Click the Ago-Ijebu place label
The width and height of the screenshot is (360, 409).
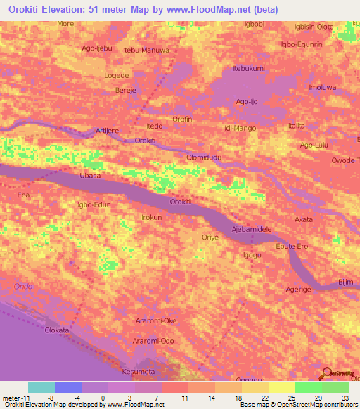point(97,48)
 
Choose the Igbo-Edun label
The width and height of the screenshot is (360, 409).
point(94,204)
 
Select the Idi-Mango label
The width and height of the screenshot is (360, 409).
point(239,129)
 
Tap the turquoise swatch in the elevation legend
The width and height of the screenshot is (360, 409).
point(41,387)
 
